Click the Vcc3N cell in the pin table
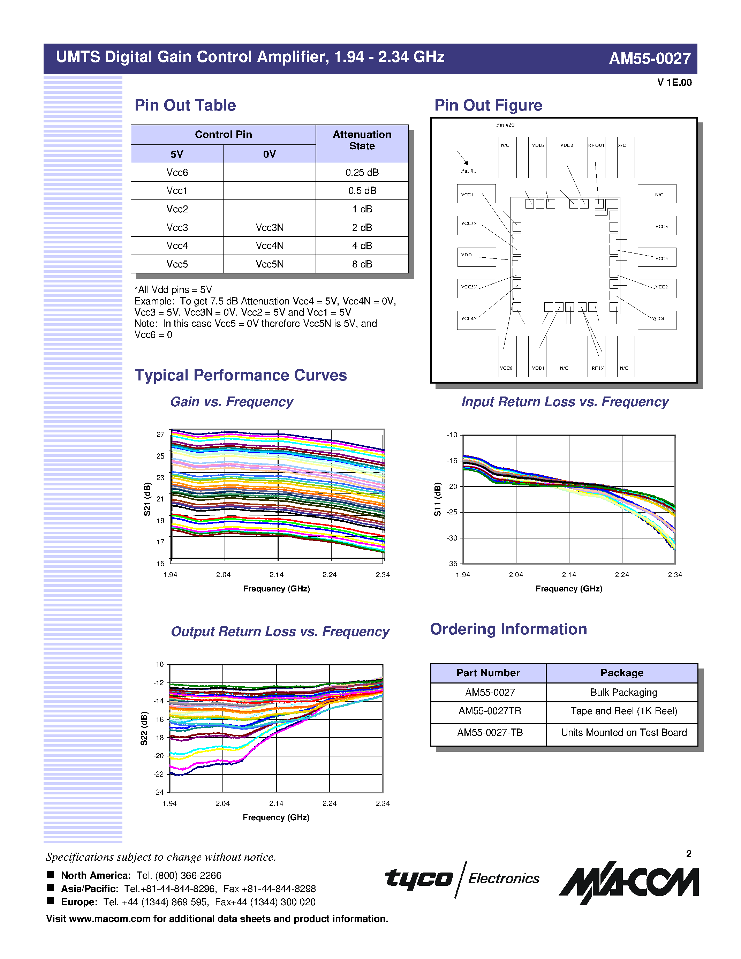click(x=269, y=227)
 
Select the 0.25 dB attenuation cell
click(x=362, y=173)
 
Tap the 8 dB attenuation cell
click(x=362, y=264)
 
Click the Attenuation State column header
click(x=362, y=140)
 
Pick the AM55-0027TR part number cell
click(x=490, y=711)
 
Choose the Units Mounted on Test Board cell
click(x=623, y=732)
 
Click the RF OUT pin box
click(x=596, y=157)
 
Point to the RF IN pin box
click(x=596, y=356)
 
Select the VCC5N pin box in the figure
click(x=476, y=288)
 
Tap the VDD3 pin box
click(x=567, y=157)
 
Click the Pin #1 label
click(x=468, y=171)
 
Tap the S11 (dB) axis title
click(x=437, y=499)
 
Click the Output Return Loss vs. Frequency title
click(x=280, y=632)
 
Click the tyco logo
click(x=418, y=878)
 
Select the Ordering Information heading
click(x=508, y=629)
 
